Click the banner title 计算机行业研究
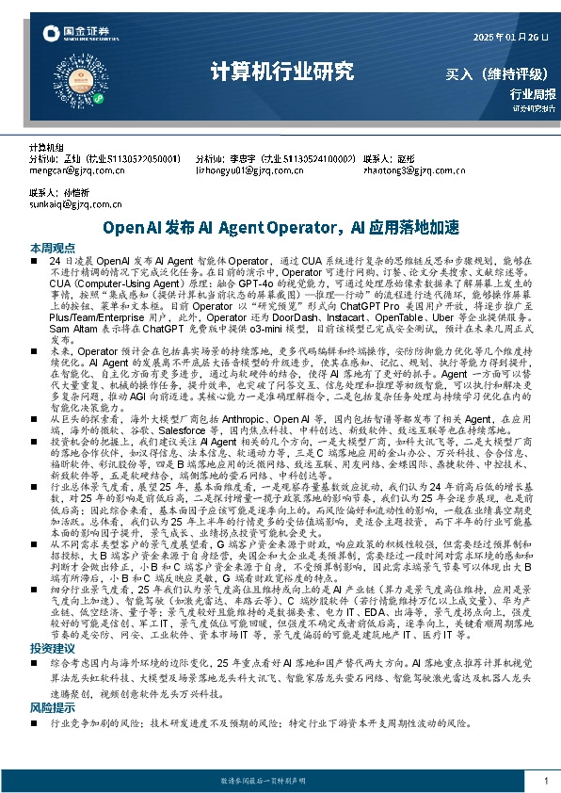pyautogui.click(x=281, y=72)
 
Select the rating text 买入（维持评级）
pyautogui.click(x=500, y=73)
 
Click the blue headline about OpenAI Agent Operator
pyautogui.click(x=280, y=227)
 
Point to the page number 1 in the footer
pyautogui.click(x=546, y=781)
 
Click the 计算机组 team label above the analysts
pyautogui.click(x=46, y=149)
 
